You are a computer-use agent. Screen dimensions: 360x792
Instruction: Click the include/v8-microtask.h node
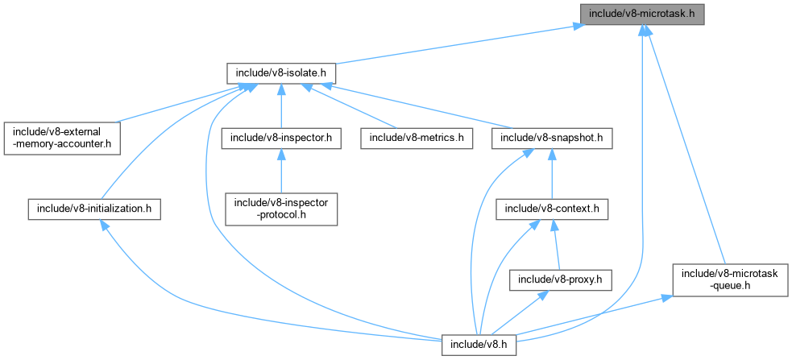[x=642, y=15]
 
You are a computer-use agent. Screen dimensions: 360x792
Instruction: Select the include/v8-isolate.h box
[x=280, y=73]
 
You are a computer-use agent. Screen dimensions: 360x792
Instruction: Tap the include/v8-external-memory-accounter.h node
[x=61, y=138]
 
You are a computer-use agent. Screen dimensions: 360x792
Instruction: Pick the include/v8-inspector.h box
[x=280, y=138]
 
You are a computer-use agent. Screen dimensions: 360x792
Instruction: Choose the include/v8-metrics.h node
[x=417, y=138]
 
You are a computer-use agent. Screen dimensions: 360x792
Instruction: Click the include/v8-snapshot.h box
[x=551, y=138]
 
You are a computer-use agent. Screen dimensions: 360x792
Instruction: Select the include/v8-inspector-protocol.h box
[x=280, y=209]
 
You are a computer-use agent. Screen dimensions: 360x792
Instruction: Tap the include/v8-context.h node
[x=551, y=209]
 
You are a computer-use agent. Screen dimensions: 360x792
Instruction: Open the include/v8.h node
[x=479, y=345]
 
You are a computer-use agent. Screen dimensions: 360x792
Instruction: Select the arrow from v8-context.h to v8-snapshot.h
[x=551, y=173]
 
